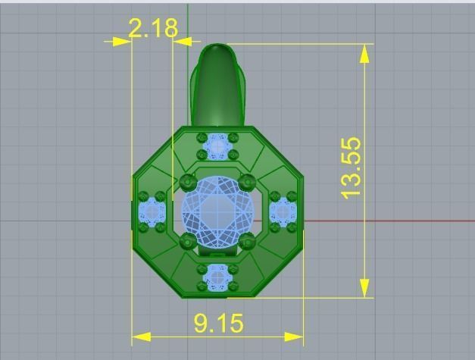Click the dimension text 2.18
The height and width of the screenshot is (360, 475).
coord(153,29)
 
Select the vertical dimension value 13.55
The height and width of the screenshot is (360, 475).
coord(351,168)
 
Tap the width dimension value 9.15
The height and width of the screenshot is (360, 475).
coord(218,324)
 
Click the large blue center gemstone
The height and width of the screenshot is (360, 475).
coord(217,212)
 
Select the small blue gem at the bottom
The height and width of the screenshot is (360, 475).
coord(218,277)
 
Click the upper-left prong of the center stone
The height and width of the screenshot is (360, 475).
coord(189,182)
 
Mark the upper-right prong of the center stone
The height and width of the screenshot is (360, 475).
coord(246,182)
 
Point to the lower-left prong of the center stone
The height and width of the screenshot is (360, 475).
coord(189,242)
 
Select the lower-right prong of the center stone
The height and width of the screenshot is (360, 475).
coord(246,242)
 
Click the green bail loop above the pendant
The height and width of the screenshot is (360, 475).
coord(217,83)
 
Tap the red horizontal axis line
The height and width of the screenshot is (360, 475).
coord(394,221)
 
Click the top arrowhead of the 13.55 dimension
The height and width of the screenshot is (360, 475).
coord(365,52)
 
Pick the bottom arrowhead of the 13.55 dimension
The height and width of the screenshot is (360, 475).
coord(365,288)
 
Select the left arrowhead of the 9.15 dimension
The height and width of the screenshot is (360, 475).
coord(141,336)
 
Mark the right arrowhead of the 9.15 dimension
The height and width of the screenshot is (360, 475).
coord(295,336)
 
